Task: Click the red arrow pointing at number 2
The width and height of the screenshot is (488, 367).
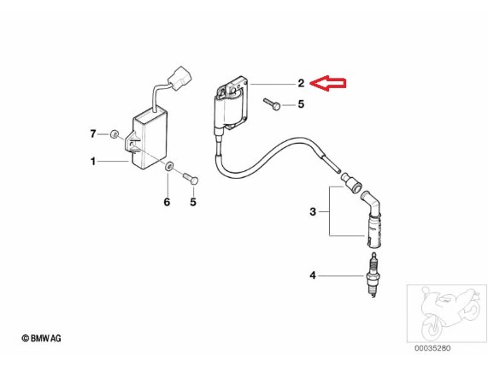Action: click(328, 83)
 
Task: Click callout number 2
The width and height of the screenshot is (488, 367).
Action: click(301, 83)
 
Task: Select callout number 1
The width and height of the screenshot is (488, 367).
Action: click(93, 162)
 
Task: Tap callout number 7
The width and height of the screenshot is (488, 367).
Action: click(93, 134)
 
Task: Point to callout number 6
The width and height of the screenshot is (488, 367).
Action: click(167, 202)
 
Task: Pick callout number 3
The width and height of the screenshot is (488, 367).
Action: click(313, 212)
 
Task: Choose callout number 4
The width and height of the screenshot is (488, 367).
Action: click(313, 275)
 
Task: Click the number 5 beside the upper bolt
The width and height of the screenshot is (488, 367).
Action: click(301, 104)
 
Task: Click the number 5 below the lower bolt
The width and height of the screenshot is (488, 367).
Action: click(193, 202)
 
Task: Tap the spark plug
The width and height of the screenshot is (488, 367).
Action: click(373, 274)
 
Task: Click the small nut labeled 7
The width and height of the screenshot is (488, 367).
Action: click(115, 134)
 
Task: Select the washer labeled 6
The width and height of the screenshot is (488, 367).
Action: click(169, 166)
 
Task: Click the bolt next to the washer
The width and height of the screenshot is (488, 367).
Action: click(191, 179)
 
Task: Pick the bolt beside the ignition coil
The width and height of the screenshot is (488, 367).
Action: click(272, 104)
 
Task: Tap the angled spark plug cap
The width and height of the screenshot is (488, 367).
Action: click(372, 220)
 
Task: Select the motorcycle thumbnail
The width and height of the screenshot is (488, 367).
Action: click(447, 313)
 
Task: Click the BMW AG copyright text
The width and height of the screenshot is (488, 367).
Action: click(41, 338)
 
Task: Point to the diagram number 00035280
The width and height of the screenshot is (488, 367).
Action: click(432, 348)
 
